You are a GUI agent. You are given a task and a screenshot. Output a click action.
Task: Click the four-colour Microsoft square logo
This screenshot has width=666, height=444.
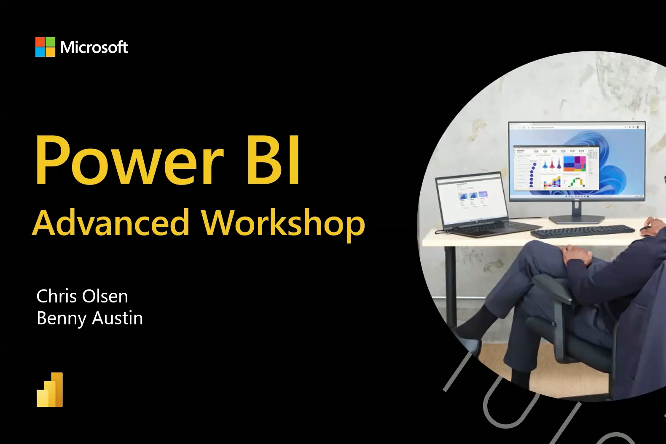click(x=45, y=47)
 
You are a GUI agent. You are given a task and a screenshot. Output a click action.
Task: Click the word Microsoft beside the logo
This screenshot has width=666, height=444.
click(x=94, y=47)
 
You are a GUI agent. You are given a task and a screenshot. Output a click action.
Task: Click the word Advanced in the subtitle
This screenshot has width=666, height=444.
click(x=110, y=222)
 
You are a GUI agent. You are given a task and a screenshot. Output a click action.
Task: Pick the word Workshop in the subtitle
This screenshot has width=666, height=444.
click(x=283, y=224)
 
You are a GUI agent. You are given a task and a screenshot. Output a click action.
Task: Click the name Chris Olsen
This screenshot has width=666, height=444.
click(x=82, y=296)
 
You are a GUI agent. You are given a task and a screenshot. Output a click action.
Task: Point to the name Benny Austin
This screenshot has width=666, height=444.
click(x=89, y=318)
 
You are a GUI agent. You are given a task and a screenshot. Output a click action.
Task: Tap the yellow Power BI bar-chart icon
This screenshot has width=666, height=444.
click(x=50, y=389)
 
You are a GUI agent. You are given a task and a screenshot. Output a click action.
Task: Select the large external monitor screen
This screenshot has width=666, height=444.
click(x=577, y=160)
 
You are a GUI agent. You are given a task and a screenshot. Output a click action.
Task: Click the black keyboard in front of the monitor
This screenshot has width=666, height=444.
click(x=583, y=231)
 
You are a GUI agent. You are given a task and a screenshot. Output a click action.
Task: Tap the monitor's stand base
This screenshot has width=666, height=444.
click(x=577, y=219)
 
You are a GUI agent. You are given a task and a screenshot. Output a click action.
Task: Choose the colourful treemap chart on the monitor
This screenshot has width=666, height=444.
click(x=575, y=163)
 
